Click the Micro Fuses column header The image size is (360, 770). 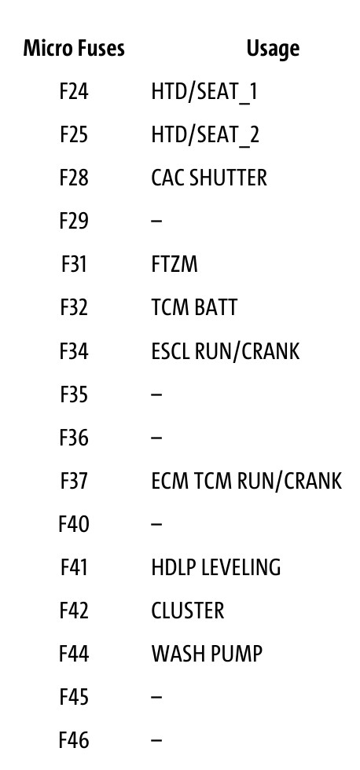(x=74, y=48)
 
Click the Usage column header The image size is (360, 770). (x=273, y=49)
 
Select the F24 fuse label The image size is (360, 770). (x=74, y=91)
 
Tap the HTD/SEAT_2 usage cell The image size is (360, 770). (x=205, y=135)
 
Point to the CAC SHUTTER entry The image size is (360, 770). (x=209, y=178)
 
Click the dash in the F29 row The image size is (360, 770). (x=156, y=221)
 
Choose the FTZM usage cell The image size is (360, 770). (x=174, y=264)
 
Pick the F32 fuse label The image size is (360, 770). (x=74, y=307)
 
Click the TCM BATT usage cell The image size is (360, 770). (x=194, y=307)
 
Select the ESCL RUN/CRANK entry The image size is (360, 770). (x=225, y=351)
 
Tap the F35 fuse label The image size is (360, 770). (x=74, y=394)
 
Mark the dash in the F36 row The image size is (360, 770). (x=156, y=438)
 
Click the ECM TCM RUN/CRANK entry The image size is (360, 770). (x=246, y=481)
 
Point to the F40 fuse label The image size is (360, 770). (x=74, y=524)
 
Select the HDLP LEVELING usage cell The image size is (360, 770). (x=215, y=567)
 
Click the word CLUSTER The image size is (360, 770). (x=188, y=610)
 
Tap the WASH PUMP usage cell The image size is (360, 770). (x=207, y=654)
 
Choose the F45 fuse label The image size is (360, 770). (x=74, y=697)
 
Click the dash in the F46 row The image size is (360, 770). (x=156, y=740)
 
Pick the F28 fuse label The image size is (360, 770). (x=74, y=178)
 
